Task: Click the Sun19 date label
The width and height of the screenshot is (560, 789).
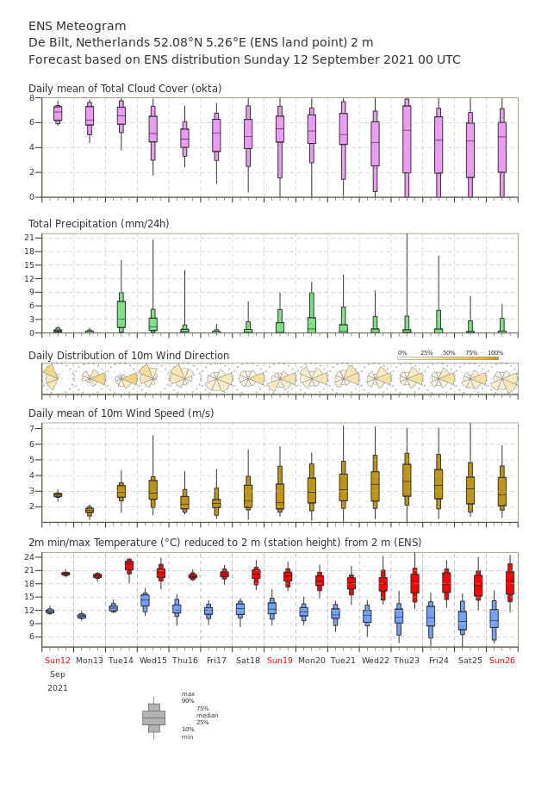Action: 280,660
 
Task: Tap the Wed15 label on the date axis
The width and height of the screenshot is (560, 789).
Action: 153,660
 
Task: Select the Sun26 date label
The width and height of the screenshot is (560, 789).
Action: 502,660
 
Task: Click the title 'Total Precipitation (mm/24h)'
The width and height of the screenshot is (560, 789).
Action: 98,223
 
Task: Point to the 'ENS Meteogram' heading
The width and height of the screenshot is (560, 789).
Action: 77,26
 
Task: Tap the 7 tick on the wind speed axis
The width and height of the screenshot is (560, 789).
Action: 31,428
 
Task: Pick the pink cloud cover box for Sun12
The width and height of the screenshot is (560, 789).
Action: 58,114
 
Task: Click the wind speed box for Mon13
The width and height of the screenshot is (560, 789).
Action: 90,510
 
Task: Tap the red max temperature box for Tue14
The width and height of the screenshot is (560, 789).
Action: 129,565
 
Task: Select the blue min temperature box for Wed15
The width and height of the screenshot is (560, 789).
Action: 145,600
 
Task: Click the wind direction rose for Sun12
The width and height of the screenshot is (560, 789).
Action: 51,377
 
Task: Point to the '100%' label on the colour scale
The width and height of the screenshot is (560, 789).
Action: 495,353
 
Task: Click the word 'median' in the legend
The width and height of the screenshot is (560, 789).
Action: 208,715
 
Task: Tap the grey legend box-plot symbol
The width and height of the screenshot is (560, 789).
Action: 154,718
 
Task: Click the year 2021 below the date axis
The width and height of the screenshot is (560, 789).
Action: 58,688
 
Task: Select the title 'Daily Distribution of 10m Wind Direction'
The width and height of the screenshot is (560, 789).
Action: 129,355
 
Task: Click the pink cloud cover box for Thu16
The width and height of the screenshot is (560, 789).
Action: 184,139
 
